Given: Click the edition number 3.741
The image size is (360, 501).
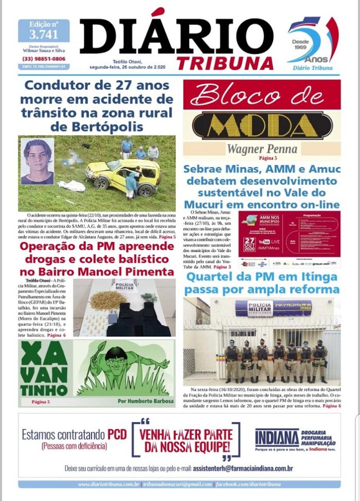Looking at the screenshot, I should point(43,34).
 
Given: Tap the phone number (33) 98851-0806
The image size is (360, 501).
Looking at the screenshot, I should point(43,58).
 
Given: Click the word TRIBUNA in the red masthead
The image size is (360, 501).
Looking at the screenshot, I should point(225,63).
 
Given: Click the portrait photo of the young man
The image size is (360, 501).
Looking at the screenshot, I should point(37,161).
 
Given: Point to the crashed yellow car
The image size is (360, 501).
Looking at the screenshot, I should point(124,176).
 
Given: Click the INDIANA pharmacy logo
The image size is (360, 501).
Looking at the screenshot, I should point(277,438).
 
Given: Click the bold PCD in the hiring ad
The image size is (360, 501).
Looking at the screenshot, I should point(116,434).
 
